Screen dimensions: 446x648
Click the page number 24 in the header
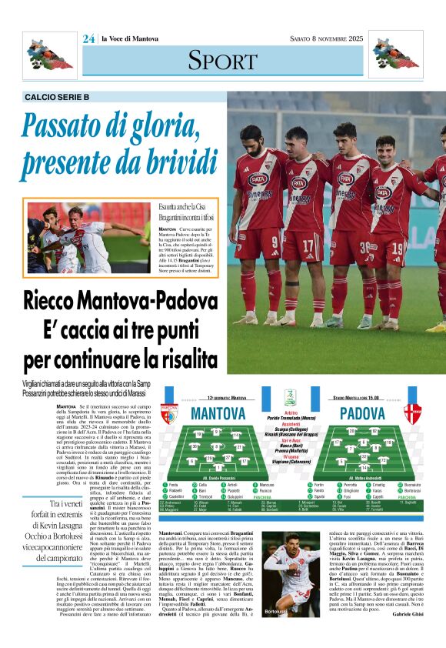click(x=88, y=38)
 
